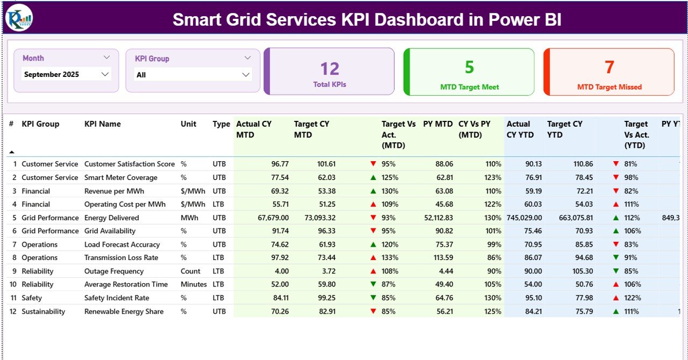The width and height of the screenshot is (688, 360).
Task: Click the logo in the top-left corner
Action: pyautogui.click(x=19, y=18)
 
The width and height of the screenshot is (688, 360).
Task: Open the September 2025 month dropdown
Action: pyautogui.click(x=66, y=75)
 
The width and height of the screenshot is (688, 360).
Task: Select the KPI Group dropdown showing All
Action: pyautogui.click(x=192, y=75)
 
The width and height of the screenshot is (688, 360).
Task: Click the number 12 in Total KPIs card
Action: pyautogui.click(x=329, y=69)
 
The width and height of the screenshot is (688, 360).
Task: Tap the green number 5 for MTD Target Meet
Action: pyautogui.click(x=469, y=67)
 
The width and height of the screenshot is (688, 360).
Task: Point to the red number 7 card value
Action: pyautogui.click(x=609, y=67)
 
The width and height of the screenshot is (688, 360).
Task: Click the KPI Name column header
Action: pyautogui.click(x=103, y=124)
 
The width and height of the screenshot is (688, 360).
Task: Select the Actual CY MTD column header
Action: pyautogui.click(x=254, y=129)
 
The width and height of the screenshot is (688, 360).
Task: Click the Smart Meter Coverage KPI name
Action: pyautogui.click(x=121, y=178)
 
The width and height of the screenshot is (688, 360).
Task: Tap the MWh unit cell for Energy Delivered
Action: pyautogui.click(x=189, y=218)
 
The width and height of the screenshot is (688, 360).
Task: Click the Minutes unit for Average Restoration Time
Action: pyautogui.click(x=193, y=284)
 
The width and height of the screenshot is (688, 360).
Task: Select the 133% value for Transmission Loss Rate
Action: pyautogui.click(x=390, y=258)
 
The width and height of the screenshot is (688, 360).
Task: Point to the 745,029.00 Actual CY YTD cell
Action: pyautogui.click(x=524, y=218)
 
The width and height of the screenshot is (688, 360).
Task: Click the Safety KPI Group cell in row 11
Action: pyautogui.click(x=32, y=298)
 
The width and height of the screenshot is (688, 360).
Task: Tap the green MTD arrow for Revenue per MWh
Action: pyautogui.click(x=373, y=191)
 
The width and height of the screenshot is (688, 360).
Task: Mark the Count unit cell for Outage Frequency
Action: pyautogui.click(x=190, y=271)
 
